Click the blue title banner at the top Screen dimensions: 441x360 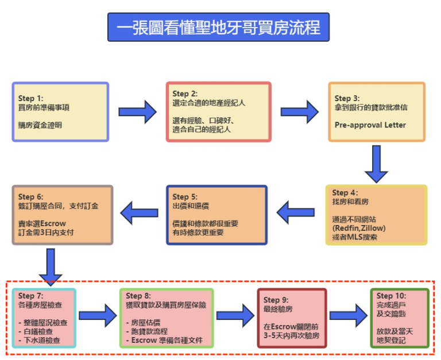[218, 27]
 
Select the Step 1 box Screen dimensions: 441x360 [60, 112]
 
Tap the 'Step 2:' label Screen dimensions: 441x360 [185, 94]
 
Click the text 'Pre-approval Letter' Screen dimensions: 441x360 [370, 125]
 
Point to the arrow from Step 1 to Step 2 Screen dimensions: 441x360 [138, 112]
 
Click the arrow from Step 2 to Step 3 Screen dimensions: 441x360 [300, 112]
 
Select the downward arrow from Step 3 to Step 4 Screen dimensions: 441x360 [376, 164]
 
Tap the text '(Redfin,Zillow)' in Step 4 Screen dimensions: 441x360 [359, 228]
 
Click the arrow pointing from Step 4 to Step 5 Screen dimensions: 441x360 [296, 212]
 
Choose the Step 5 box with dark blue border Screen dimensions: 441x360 [216, 215]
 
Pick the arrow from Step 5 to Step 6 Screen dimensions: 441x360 [139, 213]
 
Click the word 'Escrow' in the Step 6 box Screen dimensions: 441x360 [53, 223]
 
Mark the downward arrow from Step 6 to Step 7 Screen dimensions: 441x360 [51, 267]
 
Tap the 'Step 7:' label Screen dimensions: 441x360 [30, 296]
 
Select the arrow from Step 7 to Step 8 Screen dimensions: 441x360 [98, 316]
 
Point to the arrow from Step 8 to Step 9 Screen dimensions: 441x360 [235, 316]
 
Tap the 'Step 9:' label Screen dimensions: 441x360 [276, 300]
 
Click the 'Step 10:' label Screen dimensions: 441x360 [392, 296]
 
